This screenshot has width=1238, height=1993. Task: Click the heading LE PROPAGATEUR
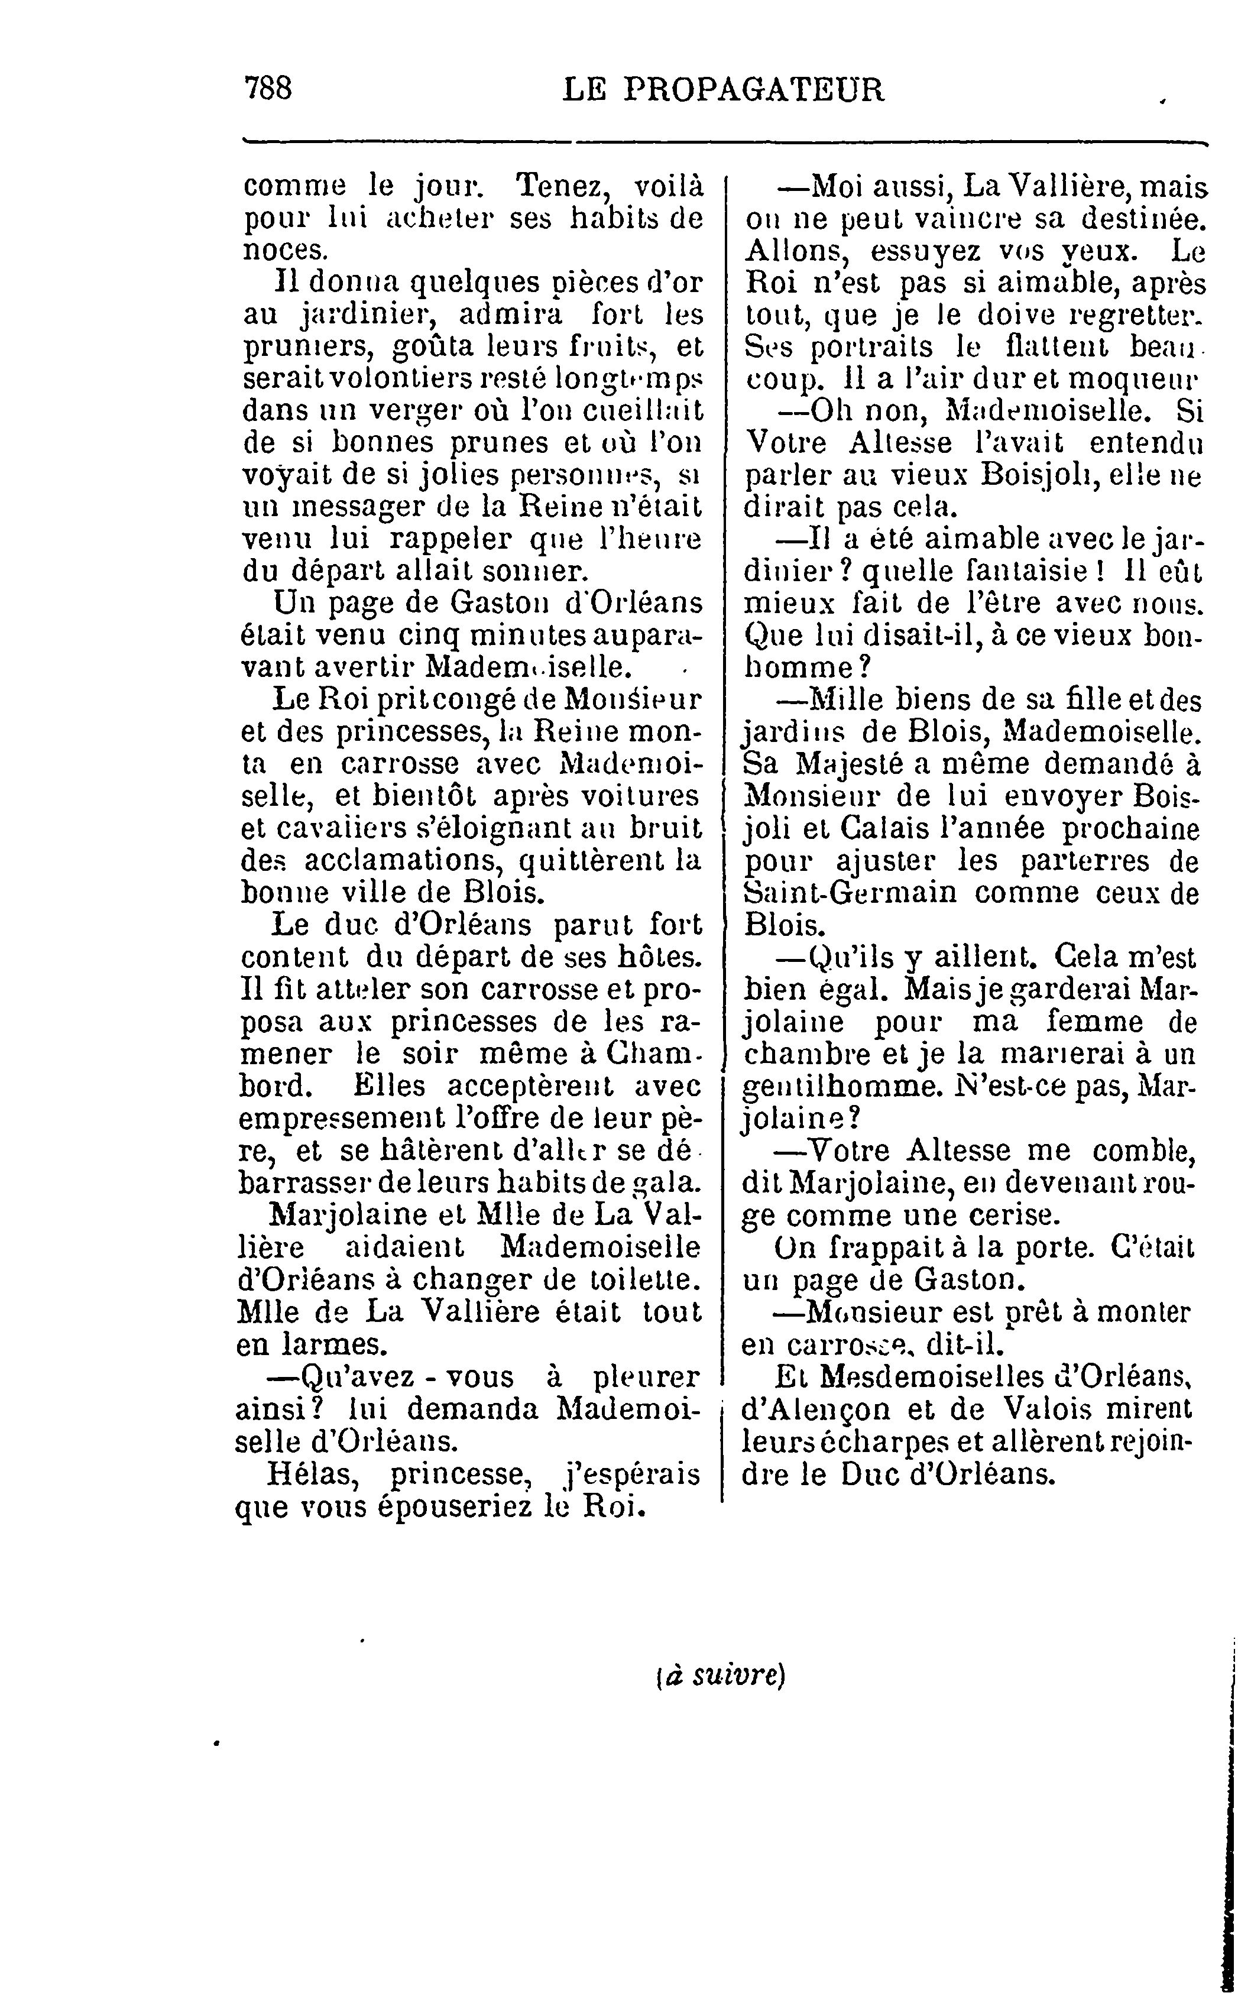point(724,89)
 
